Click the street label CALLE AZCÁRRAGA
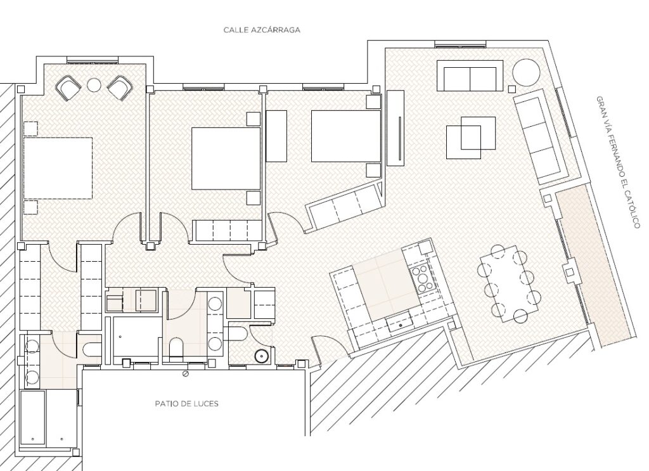[262, 30]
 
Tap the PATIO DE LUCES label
[187, 404]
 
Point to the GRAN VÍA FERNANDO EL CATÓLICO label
[618, 162]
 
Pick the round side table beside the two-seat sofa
[526, 72]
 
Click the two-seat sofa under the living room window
[470, 76]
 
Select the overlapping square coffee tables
[471, 138]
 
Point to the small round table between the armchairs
[94, 85]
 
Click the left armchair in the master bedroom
[68, 88]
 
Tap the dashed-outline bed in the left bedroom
[58, 169]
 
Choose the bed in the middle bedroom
[226, 158]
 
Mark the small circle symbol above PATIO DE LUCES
[186, 374]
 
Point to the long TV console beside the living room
[395, 128]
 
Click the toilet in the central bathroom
[176, 349]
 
